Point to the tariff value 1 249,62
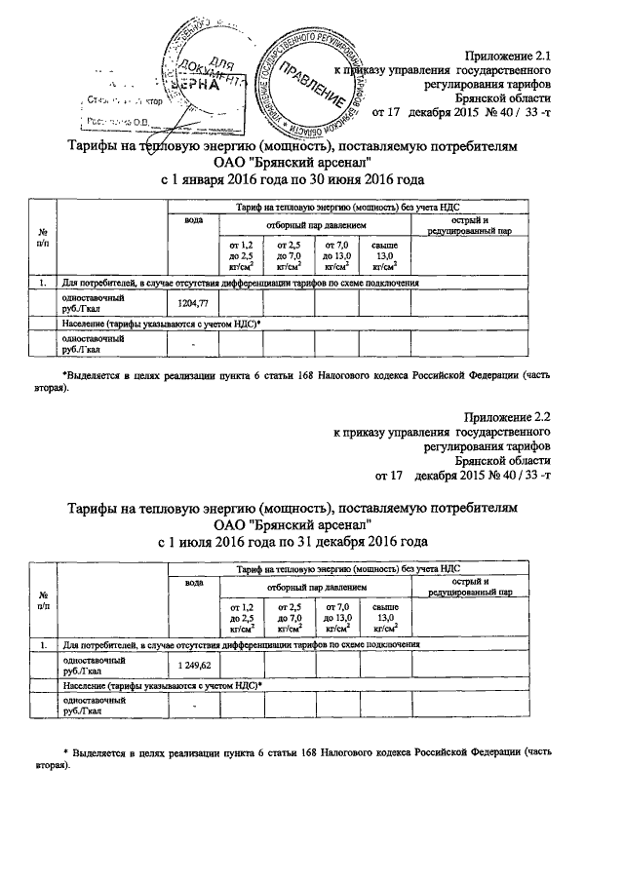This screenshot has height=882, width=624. pyautogui.click(x=193, y=666)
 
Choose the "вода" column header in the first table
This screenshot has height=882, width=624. pyautogui.click(x=193, y=221)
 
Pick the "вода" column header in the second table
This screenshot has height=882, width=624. pyautogui.click(x=193, y=582)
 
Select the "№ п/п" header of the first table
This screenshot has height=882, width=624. pyautogui.click(x=43, y=237)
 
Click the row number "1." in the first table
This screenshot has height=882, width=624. pyautogui.click(x=43, y=284)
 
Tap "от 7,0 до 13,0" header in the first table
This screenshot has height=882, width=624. pyautogui.click(x=337, y=256)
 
